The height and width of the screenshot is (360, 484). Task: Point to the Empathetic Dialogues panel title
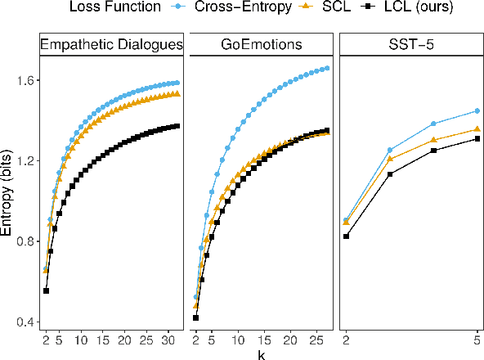click(x=111, y=44)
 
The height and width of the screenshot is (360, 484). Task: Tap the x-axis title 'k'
click(x=261, y=353)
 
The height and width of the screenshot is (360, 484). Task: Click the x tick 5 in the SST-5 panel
click(x=477, y=339)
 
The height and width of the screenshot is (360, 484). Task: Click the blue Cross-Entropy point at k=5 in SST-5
click(x=477, y=111)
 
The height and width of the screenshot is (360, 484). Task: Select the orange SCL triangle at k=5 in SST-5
click(x=477, y=128)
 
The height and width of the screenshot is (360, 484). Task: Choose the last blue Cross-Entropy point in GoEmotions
click(x=327, y=68)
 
